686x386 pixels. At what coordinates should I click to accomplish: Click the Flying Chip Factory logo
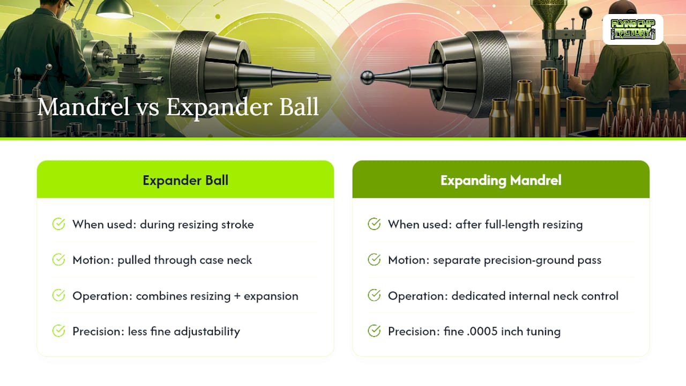(633, 29)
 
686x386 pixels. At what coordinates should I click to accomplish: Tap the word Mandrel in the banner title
(84, 107)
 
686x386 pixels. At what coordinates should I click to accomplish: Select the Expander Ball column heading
(185, 180)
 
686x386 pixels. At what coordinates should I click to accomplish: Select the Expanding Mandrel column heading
(501, 180)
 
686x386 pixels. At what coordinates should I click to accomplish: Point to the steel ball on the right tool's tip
(367, 78)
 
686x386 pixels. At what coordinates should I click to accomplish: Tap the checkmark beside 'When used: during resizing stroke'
(58, 224)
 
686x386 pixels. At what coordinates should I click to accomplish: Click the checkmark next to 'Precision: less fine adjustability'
(58, 331)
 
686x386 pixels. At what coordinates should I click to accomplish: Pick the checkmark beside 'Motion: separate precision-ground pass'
(374, 260)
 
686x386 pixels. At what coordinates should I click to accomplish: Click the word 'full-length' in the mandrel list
(512, 225)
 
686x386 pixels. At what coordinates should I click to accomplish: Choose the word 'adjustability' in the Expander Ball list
(207, 332)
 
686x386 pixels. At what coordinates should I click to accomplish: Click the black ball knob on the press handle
(585, 13)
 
